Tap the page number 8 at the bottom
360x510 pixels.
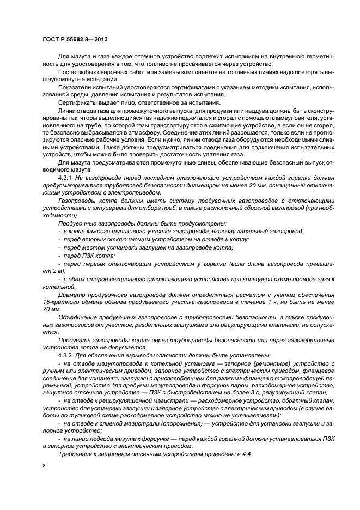pyautogui.click(x=44, y=466)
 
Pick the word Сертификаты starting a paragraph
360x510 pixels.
pyautogui.click(x=76, y=102)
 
